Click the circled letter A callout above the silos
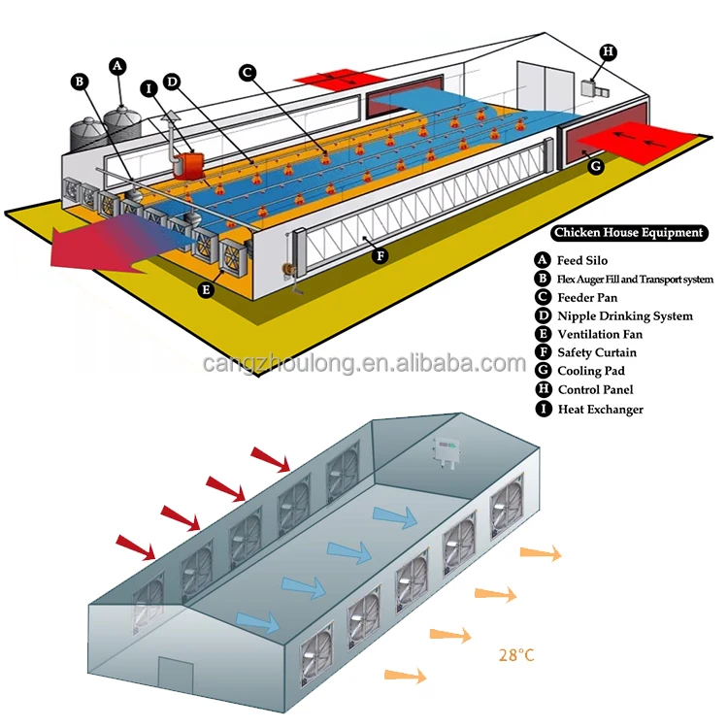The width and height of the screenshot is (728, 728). point(117,66)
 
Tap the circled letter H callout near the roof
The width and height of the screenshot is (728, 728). point(608,50)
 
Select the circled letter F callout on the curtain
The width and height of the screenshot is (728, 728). point(381,256)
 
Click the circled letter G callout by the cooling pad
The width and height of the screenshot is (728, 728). point(597,166)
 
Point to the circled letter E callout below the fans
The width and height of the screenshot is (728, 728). point(206,288)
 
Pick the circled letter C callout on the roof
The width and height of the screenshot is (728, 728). point(247,72)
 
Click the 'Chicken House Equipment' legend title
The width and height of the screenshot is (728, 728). point(628,233)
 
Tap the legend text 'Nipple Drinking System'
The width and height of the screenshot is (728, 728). point(625,315)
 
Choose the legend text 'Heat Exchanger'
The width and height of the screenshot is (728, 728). point(600,409)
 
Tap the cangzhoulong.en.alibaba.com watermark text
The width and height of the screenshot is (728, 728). point(365,364)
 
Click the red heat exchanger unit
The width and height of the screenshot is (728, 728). point(189,163)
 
